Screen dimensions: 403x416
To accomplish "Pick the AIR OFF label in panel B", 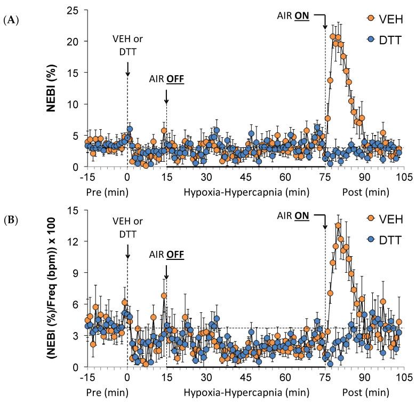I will click(166, 255).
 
